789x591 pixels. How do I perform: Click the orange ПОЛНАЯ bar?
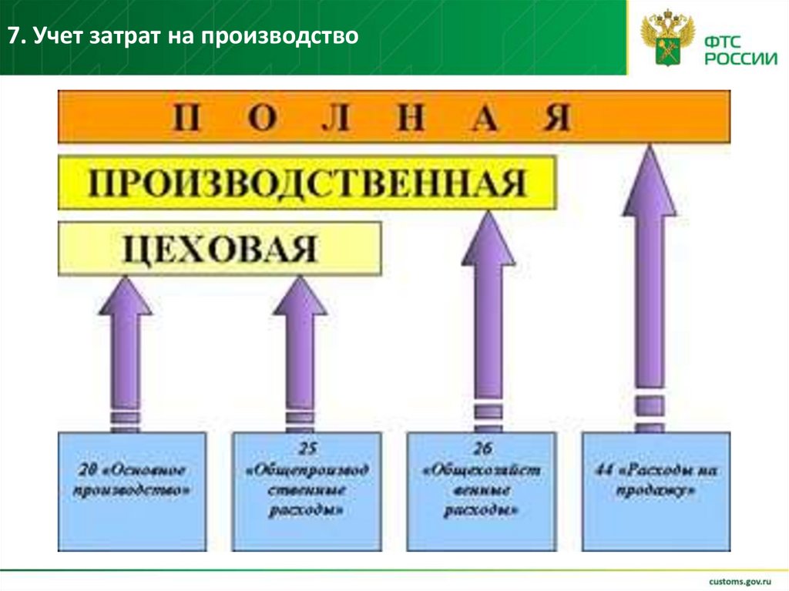[x=394, y=116]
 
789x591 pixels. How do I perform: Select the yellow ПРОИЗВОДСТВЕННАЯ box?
[x=307, y=183]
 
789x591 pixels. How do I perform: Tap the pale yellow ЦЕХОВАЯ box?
[x=220, y=248]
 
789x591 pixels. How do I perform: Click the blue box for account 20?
[x=132, y=491]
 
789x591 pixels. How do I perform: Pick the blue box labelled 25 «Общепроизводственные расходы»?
[x=306, y=491]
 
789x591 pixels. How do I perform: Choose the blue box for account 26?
[x=481, y=491]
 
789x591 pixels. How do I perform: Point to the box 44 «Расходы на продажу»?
[x=656, y=491]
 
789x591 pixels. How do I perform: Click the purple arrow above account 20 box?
[x=126, y=347]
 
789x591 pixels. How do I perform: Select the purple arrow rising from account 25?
[x=300, y=347]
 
